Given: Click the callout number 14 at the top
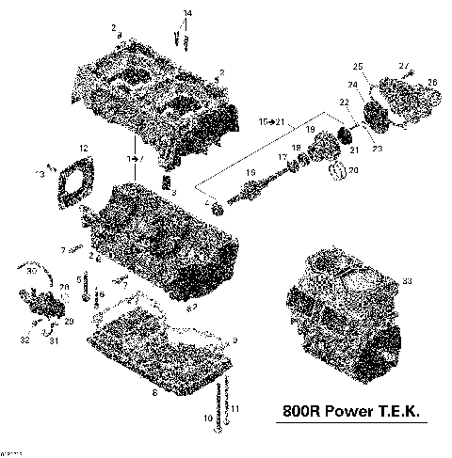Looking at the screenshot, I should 186,11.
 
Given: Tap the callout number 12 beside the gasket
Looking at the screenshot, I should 84,149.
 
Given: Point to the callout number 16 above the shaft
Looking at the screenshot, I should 250,174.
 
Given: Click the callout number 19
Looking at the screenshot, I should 310,128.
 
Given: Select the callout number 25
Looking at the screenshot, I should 358,65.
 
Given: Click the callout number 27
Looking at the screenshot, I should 404,64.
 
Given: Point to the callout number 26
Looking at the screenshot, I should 432,83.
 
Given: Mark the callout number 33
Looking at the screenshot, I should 407,280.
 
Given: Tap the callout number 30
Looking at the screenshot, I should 31,271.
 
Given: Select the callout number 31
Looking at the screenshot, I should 55,340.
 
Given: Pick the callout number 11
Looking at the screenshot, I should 235,408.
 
